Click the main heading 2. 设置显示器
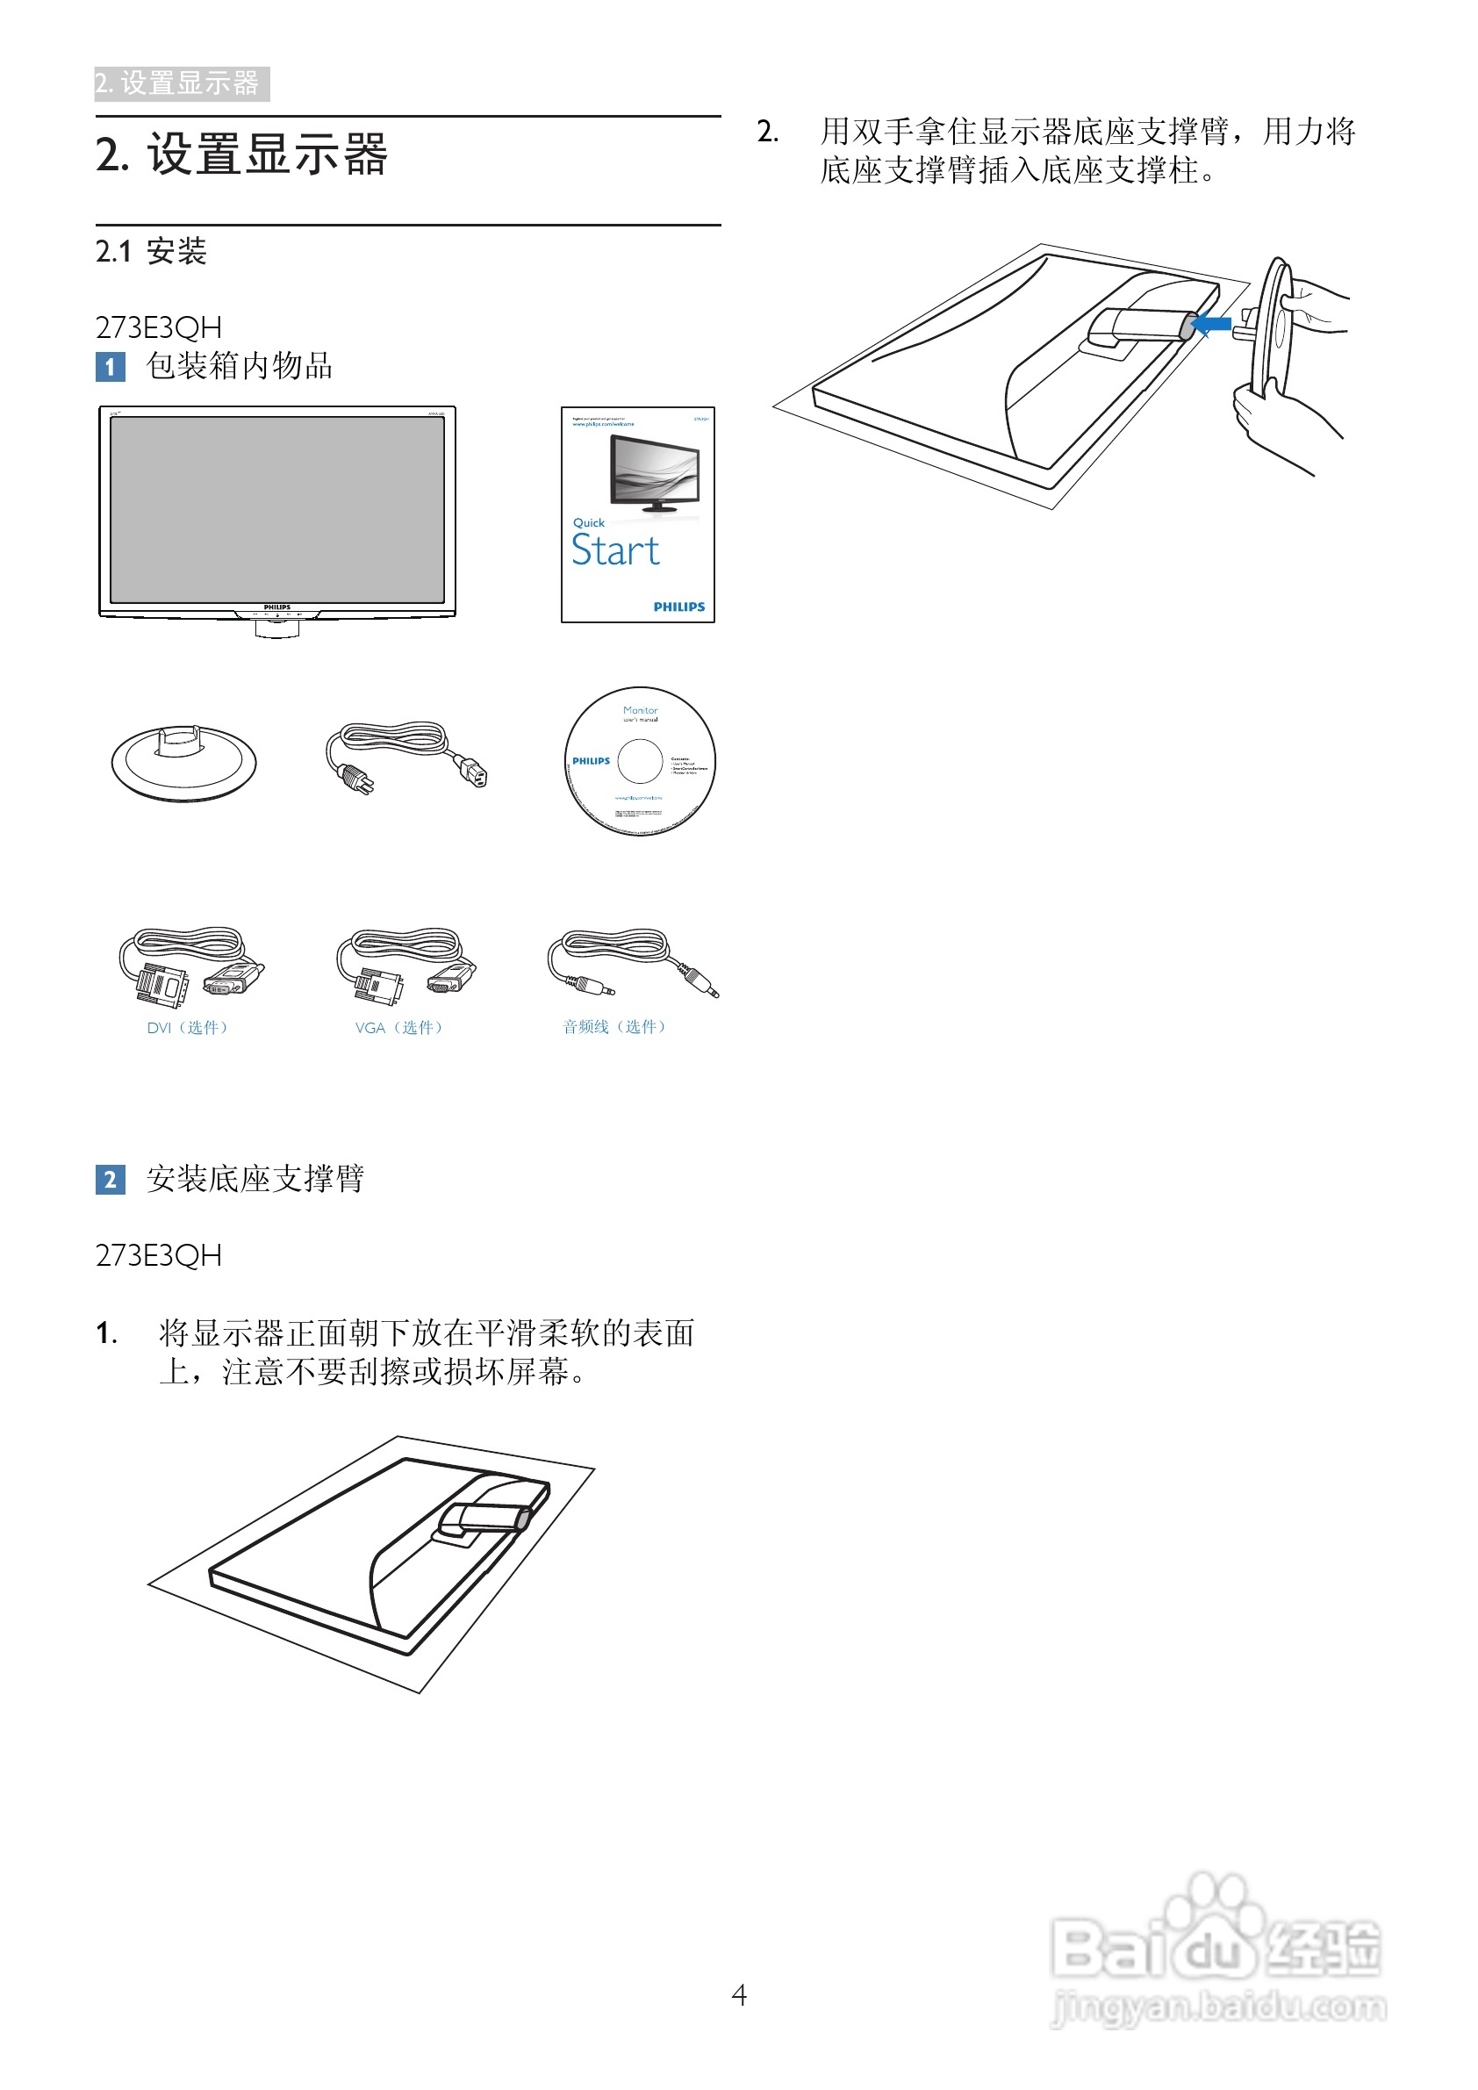241,154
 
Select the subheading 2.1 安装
151,251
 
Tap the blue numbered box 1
110,367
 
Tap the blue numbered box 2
110,1180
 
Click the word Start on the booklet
615,550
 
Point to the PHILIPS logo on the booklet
679,607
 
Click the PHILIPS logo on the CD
591,761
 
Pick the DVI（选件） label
188,1028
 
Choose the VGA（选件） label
398,1028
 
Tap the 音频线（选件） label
614,1027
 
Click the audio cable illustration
632,963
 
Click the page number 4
739,1995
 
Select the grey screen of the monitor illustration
276,510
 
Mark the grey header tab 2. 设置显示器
181,83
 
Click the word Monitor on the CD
640,710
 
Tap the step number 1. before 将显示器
106,1334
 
